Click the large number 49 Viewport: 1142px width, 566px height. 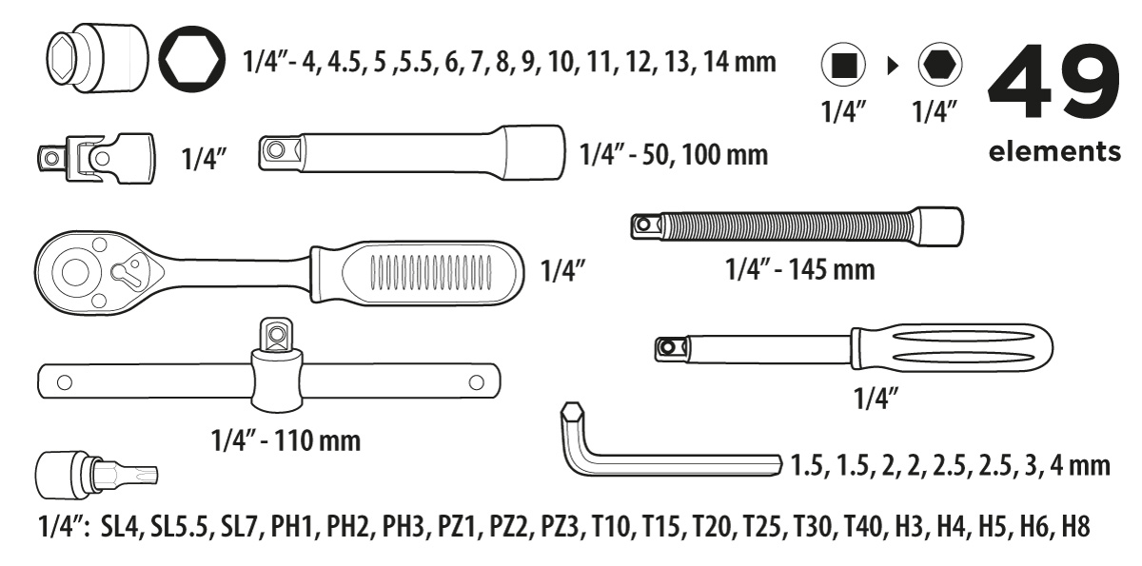(x=1053, y=82)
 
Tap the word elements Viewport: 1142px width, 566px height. (x=1054, y=151)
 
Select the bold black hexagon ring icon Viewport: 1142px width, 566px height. (x=191, y=59)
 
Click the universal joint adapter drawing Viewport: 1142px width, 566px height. (x=96, y=159)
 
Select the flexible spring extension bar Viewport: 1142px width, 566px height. (x=797, y=226)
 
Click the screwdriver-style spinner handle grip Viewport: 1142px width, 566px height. (x=952, y=348)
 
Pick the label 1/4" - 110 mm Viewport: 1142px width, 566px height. (x=285, y=440)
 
